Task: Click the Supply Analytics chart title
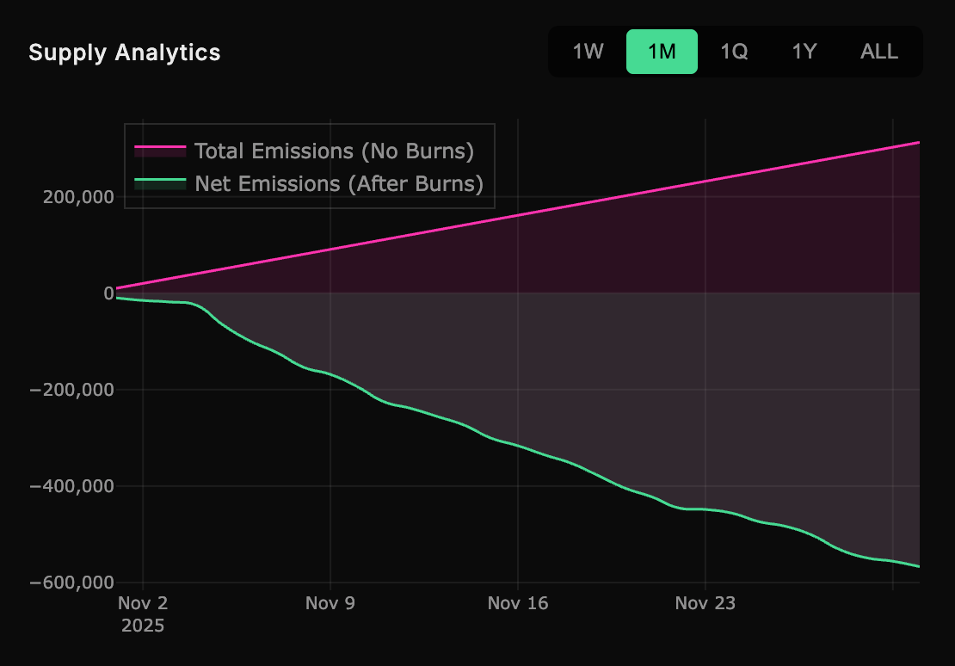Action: [x=125, y=52]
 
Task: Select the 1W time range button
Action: [x=588, y=52]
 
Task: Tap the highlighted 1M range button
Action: [x=662, y=52]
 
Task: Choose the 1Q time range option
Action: [x=734, y=52]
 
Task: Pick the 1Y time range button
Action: [x=804, y=52]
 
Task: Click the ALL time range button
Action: [x=879, y=52]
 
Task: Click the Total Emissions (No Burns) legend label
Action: [x=334, y=151]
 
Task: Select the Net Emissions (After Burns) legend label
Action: [x=338, y=183]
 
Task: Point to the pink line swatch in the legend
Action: [x=160, y=150]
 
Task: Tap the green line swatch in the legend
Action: [x=160, y=182]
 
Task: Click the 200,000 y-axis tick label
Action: [x=78, y=197]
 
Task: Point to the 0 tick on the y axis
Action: [x=109, y=293]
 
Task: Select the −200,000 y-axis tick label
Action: [x=72, y=390]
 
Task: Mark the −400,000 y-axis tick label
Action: [x=72, y=486]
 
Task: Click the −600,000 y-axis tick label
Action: [x=72, y=583]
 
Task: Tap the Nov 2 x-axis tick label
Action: [x=143, y=603]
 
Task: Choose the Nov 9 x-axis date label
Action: [x=330, y=603]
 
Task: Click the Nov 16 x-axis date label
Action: [x=518, y=603]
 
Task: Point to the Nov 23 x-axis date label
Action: [x=705, y=603]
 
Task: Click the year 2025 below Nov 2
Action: [x=143, y=626]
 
